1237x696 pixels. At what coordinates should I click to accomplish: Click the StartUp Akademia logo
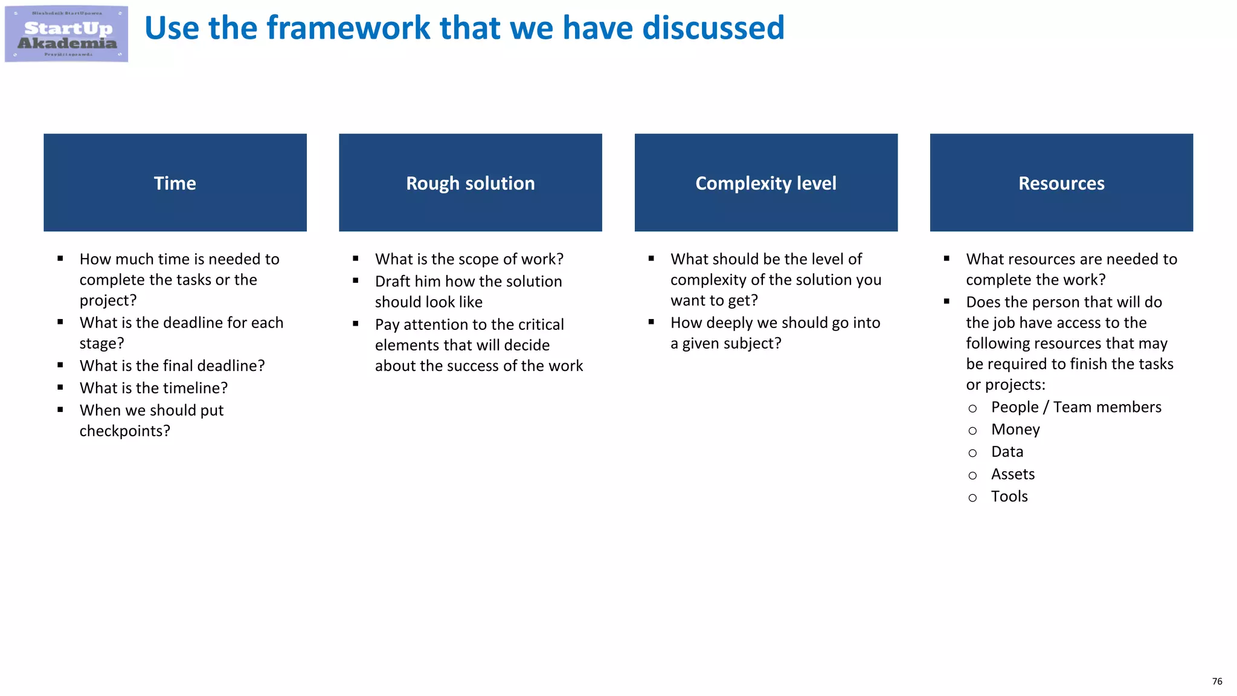click(x=66, y=34)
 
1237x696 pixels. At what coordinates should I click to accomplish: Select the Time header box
click(x=175, y=182)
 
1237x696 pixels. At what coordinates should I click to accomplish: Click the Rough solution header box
click(x=471, y=182)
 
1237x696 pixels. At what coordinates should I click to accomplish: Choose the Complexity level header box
click(x=766, y=182)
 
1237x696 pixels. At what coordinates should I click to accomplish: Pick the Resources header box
click(x=1061, y=182)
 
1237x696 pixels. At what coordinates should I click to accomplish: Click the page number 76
click(x=1217, y=681)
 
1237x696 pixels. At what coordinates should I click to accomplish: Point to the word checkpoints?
click(x=124, y=431)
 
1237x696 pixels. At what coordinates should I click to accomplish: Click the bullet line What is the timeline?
click(x=153, y=388)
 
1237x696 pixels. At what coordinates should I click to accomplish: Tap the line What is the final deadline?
click(x=172, y=366)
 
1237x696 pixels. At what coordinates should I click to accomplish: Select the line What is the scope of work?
click(x=469, y=259)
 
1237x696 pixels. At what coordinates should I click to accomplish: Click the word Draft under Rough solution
click(x=393, y=282)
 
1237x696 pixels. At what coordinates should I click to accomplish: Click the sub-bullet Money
click(x=1015, y=430)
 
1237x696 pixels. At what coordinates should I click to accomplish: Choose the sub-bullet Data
click(x=1007, y=452)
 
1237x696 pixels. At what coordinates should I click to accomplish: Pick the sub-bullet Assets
click(x=1013, y=474)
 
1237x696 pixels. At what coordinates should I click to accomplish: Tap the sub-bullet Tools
click(x=1009, y=497)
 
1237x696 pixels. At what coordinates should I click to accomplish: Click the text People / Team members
click(x=1076, y=407)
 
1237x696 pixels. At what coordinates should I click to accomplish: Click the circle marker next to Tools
click(x=972, y=498)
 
